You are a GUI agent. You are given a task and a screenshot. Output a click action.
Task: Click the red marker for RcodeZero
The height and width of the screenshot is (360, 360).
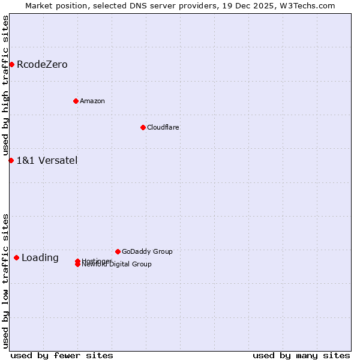coord(11,64)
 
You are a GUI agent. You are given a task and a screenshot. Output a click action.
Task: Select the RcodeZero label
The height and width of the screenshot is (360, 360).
coord(42,65)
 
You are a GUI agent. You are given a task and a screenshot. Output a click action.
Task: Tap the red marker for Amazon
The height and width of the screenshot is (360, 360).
coord(76,101)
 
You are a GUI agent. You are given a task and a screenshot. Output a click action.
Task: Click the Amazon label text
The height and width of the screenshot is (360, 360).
coord(92,101)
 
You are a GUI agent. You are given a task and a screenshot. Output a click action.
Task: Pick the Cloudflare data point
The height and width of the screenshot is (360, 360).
coord(143,127)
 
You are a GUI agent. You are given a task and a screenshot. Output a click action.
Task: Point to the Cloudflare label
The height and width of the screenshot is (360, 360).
coord(163,127)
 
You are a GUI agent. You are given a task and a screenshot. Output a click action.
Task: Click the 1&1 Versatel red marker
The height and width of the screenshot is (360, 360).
coord(11,160)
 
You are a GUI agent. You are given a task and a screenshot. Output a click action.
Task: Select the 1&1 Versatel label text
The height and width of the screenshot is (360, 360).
coord(47,161)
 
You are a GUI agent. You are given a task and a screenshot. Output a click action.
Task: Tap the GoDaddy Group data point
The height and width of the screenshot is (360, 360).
coord(118,251)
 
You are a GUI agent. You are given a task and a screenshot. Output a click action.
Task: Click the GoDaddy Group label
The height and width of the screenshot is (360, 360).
coord(147,251)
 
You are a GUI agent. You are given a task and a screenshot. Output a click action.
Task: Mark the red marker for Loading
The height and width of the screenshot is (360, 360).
coord(16,257)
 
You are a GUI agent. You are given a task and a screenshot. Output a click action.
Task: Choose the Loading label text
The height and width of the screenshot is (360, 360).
coord(40,258)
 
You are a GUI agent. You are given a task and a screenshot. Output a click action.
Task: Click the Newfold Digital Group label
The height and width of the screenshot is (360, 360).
coord(117,265)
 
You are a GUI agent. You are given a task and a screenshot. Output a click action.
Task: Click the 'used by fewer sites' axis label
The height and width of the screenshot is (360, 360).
coord(62,356)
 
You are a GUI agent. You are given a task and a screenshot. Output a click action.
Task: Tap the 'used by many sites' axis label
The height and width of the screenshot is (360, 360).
coord(301,356)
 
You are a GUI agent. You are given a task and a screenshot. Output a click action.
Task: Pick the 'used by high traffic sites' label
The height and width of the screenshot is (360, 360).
coord(5,86)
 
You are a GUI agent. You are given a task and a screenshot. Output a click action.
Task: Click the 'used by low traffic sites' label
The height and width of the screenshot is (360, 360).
coord(5,281)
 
